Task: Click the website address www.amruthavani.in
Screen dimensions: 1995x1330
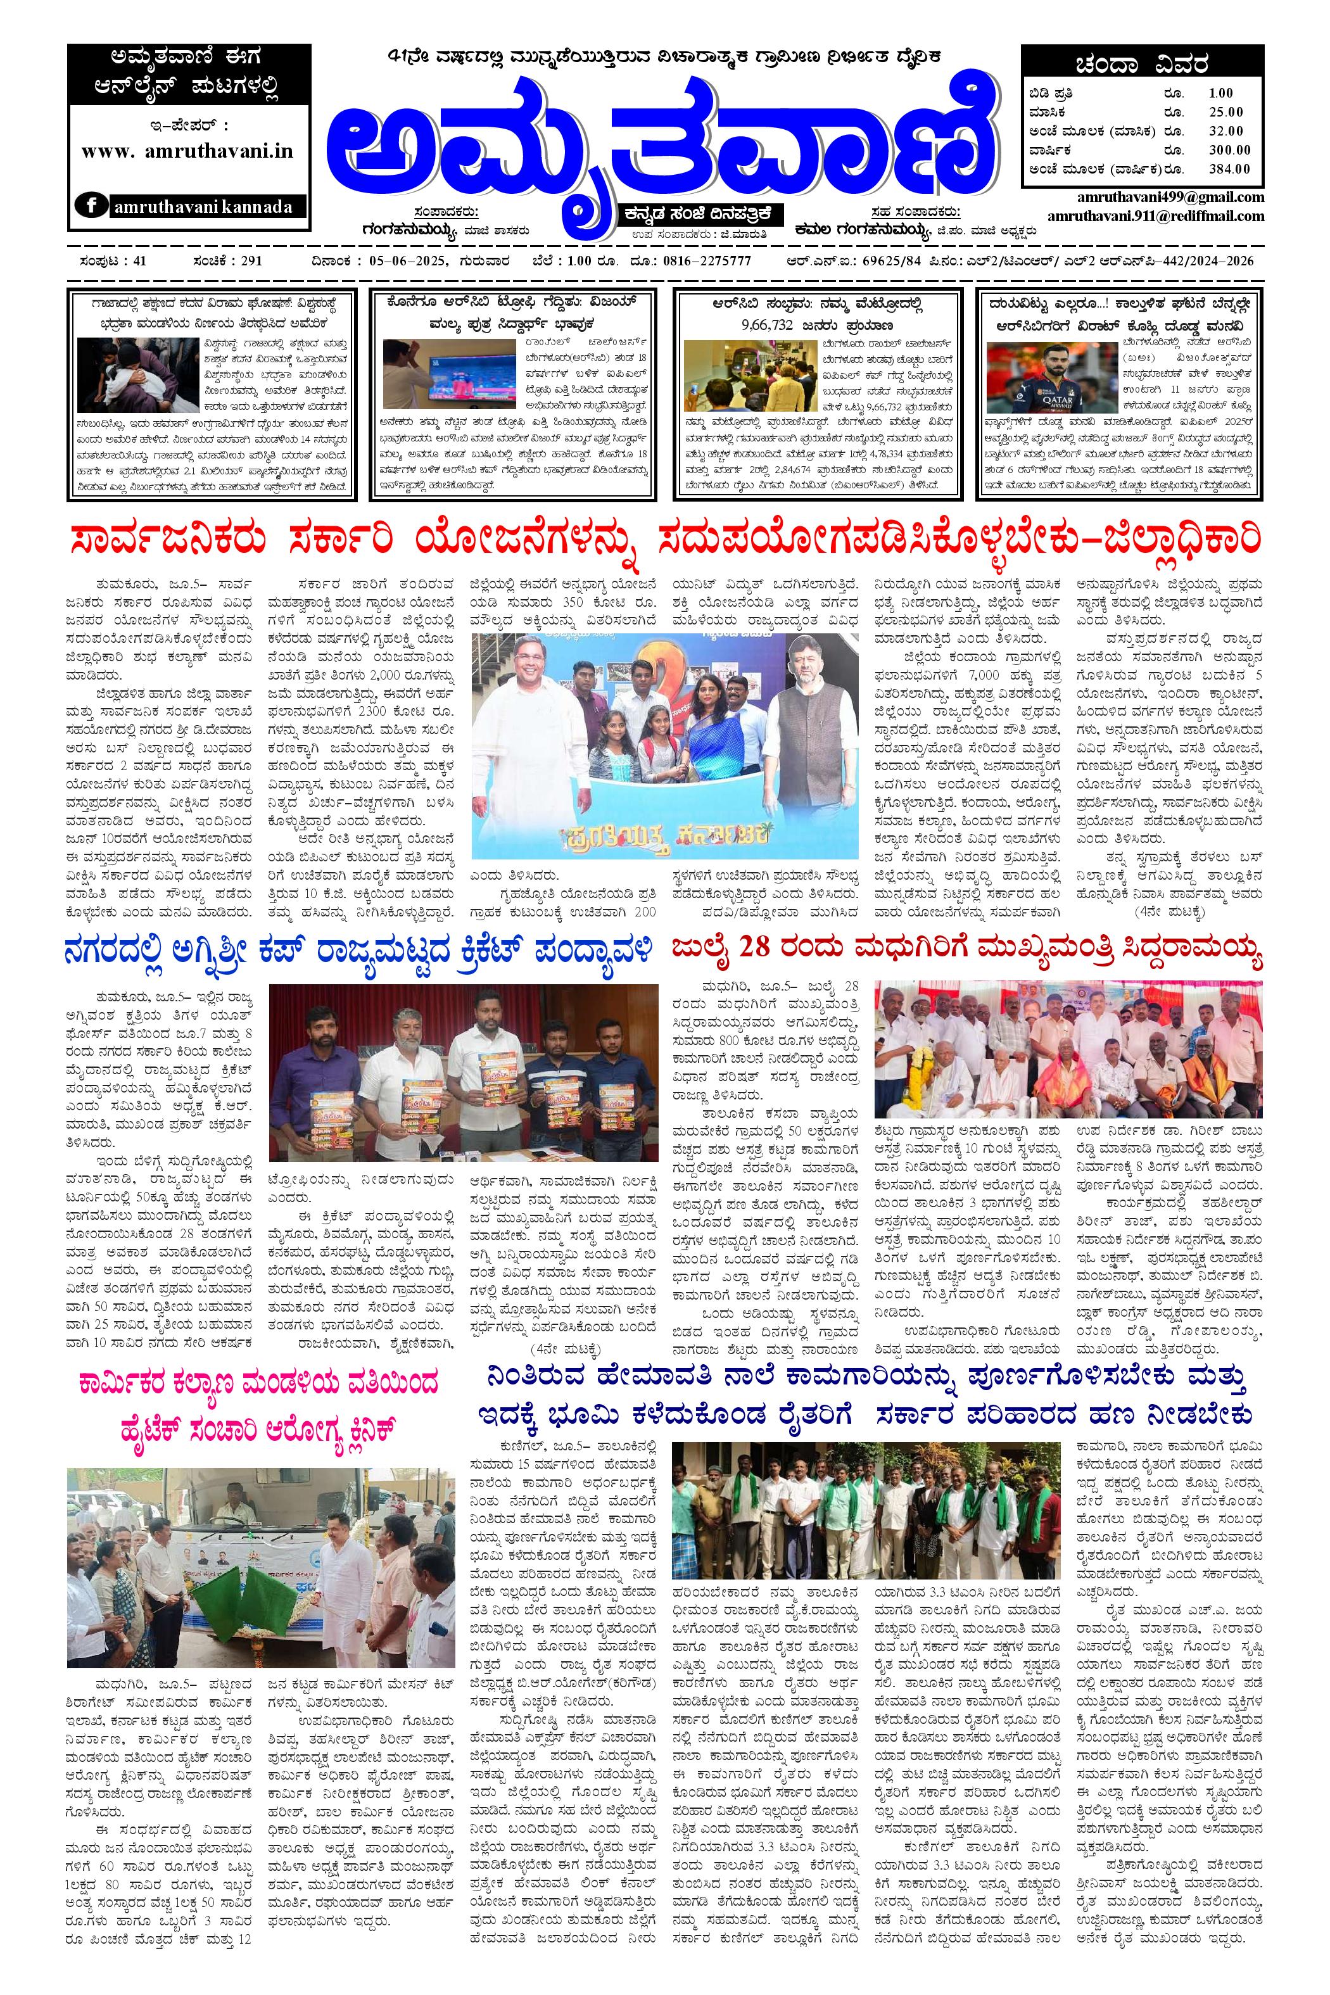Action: tap(187, 151)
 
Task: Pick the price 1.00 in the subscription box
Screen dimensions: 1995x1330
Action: tap(1222, 93)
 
